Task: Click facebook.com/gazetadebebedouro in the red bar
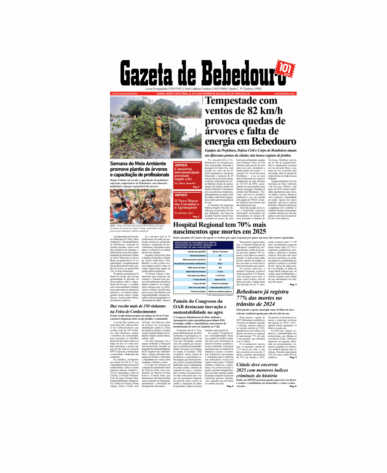(125, 94)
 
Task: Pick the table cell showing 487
(220, 255)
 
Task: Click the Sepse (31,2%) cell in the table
(220, 279)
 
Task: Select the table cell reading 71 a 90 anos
(220, 276)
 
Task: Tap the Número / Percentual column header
(220, 252)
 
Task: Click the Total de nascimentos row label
(198, 255)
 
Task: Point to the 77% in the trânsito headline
(242, 298)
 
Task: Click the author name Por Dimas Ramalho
(185, 183)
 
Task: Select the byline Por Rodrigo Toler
(184, 213)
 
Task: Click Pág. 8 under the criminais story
(293, 386)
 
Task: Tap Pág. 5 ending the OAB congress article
(230, 386)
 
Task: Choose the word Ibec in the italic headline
(115, 306)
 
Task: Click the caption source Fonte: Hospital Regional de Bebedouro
(220, 295)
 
